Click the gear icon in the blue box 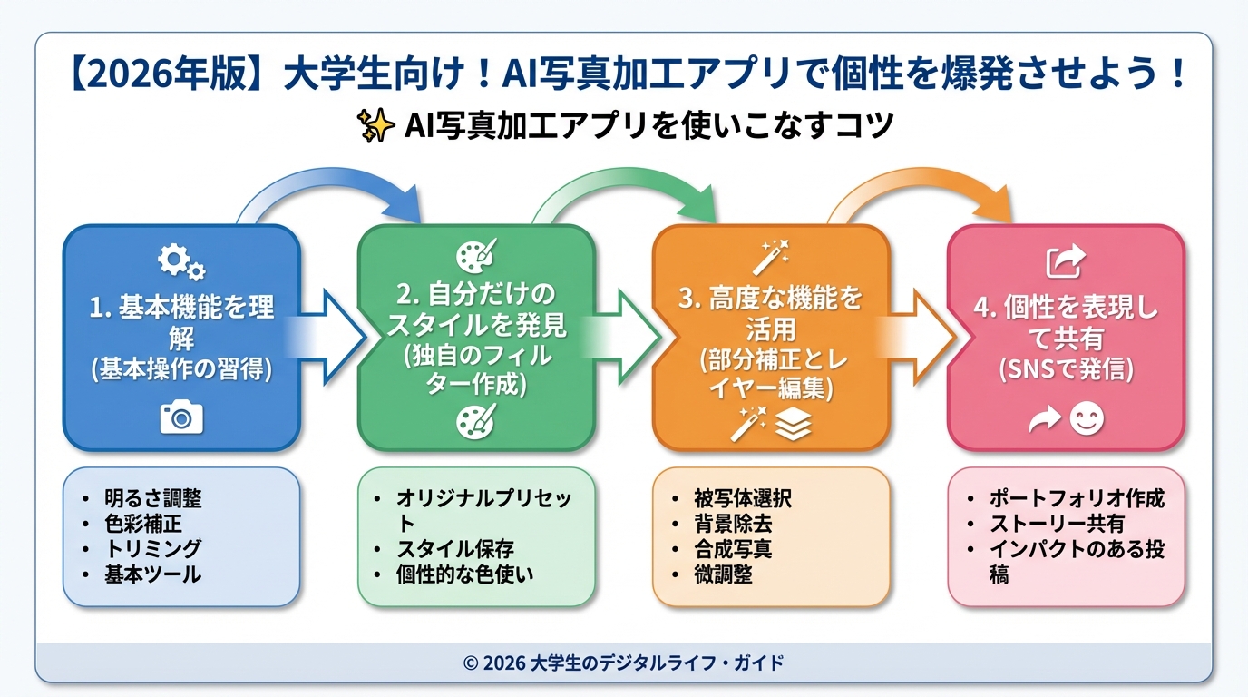(x=180, y=262)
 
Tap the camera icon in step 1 (x=181, y=417)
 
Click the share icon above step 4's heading (x=1065, y=262)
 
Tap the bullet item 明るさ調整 (x=152, y=498)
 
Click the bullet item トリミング (x=152, y=548)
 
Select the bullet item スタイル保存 (x=455, y=549)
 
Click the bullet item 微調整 (x=723, y=574)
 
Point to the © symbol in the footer (x=470, y=663)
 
